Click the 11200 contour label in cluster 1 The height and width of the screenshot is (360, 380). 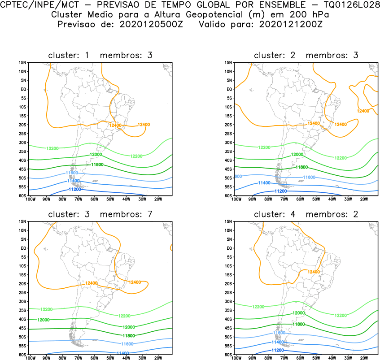[74, 189]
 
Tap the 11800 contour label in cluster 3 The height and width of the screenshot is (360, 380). [129, 335]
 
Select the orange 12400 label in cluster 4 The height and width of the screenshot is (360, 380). [313, 272]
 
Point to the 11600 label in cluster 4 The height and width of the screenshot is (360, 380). [280, 333]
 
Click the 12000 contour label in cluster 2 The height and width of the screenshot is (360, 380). [297, 154]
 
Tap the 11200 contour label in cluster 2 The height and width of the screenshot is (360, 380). [280, 191]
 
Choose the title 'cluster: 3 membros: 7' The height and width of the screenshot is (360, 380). [100, 214]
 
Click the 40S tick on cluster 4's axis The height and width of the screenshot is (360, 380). [227, 319]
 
